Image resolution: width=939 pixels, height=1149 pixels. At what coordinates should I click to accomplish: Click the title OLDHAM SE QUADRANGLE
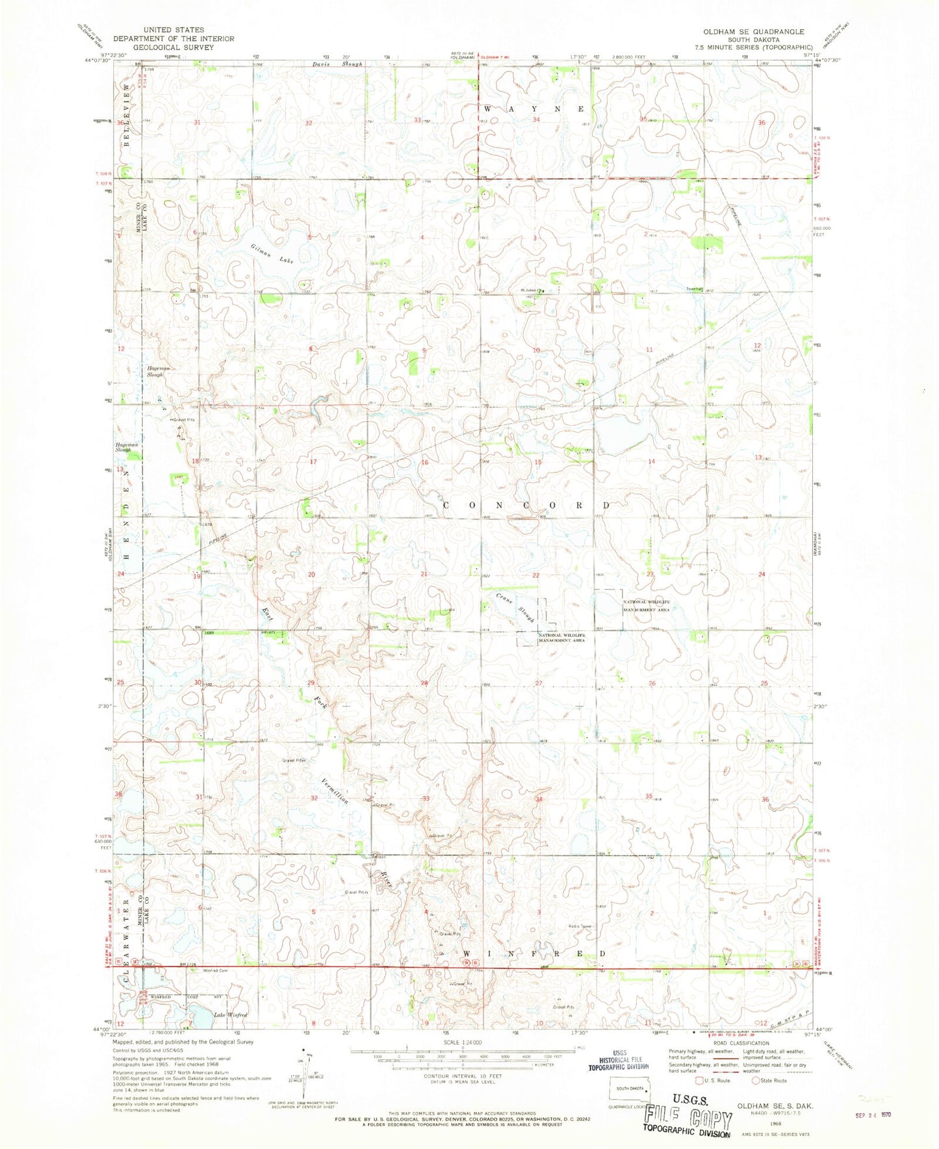click(749, 31)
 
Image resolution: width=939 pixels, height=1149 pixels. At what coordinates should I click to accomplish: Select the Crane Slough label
click(515, 608)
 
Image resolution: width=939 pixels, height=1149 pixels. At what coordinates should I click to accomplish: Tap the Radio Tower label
click(580, 926)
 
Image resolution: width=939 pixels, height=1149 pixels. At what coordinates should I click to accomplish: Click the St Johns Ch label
click(528, 290)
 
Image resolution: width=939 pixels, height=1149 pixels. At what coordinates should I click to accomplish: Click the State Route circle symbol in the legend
click(756, 1080)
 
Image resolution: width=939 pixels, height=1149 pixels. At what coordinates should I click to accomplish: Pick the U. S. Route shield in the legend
click(699, 1080)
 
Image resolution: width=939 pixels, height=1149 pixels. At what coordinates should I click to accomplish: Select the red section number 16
click(425, 462)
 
